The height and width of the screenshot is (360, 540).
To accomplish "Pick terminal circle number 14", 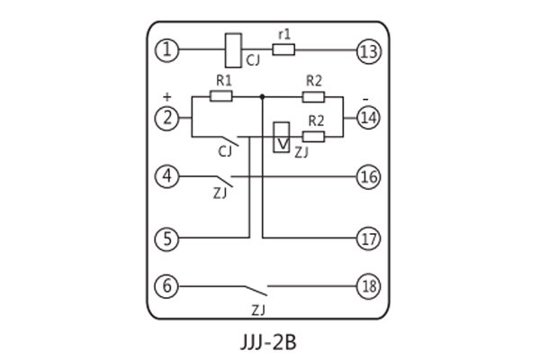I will (x=369, y=117).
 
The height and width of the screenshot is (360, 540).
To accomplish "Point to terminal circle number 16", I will (x=369, y=176).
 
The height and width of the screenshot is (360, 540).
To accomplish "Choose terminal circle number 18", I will (x=369, y=287).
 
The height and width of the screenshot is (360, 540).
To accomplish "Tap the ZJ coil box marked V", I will (x=282, y=136).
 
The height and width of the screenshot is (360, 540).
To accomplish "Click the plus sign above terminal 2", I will (x=166, y=94).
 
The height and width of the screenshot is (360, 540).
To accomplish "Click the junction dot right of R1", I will (x=262, y=94).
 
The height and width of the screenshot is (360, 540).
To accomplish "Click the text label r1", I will (x=284, y=34).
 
